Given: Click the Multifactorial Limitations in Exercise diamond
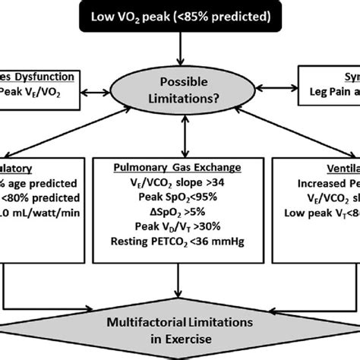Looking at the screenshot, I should tap(180, 333).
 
